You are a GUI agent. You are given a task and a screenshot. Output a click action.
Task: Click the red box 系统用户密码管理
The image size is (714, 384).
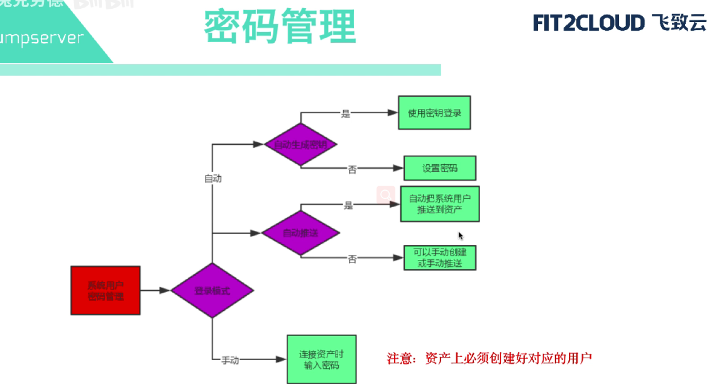point(106,290)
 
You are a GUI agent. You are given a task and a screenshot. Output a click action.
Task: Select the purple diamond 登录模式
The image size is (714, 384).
point(212,291)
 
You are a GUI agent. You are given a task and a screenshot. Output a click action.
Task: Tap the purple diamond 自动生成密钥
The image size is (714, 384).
point(300,144)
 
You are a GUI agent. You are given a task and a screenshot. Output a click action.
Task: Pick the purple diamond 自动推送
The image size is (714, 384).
point(300,233)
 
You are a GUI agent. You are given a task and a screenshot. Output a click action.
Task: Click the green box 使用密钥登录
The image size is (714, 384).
point(434,113)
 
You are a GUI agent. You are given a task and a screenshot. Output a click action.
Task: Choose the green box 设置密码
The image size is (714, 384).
point(440,168)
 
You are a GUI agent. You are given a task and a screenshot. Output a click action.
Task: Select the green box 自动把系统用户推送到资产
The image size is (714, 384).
point(440,203)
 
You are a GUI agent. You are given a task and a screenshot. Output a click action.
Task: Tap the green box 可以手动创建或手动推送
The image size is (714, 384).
point(440,258)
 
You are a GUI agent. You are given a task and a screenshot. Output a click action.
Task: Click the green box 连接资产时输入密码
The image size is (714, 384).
point(321,359)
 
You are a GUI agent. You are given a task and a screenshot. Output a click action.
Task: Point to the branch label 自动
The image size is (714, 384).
point(213,179)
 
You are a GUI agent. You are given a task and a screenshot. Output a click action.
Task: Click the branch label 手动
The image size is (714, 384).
point(230,361)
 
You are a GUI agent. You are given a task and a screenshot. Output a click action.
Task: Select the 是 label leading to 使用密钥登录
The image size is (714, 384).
point(346,114)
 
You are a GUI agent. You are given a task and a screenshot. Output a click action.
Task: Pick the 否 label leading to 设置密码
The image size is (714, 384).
point(353,169)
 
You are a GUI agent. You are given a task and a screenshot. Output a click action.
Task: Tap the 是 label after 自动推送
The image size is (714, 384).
point(348,205)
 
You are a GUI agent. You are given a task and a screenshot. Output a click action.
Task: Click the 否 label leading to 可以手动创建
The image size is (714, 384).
point(353,259)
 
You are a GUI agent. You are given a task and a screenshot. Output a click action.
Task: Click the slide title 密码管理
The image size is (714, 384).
point(280,26)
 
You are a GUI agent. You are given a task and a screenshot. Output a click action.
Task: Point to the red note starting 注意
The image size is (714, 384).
point(489,359)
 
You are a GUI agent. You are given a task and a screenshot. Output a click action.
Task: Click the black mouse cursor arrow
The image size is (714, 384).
point(461,235)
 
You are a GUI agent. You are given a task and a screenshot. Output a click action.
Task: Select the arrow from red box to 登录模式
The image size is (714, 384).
point(155,291)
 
